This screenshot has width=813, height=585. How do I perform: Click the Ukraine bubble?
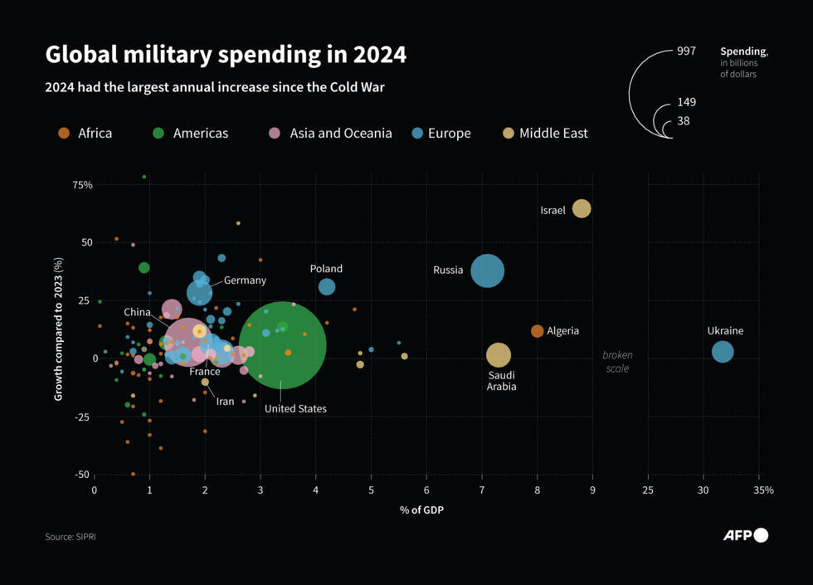tap(723, 352)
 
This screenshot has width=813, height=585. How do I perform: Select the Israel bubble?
tap(582, 208)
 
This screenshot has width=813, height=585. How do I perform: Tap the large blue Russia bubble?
tap(488, 271)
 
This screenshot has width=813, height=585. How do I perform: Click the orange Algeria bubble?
tap(537, 331)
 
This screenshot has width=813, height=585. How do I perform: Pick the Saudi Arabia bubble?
tap(498, 355)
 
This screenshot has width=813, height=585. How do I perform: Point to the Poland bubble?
tap(327, 286)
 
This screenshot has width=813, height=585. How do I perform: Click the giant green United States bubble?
tap(282, 344)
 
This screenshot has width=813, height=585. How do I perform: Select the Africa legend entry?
tap(85, 133)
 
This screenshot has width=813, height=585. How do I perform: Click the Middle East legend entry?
tap(545, 133)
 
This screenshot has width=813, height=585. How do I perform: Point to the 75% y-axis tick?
tap(82, 184)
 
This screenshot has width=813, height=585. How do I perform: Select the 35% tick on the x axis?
tap(762, 490)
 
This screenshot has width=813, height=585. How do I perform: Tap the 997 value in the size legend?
tap(686, 51)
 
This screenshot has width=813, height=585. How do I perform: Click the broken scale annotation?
tap(616, 362)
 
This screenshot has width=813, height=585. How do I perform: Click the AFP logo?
tap(745, 535)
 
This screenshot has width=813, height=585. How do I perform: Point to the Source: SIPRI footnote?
tap(71, 537)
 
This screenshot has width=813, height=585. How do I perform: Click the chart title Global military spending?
tap(226, 55)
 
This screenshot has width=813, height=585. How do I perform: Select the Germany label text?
tap(245, 280)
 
